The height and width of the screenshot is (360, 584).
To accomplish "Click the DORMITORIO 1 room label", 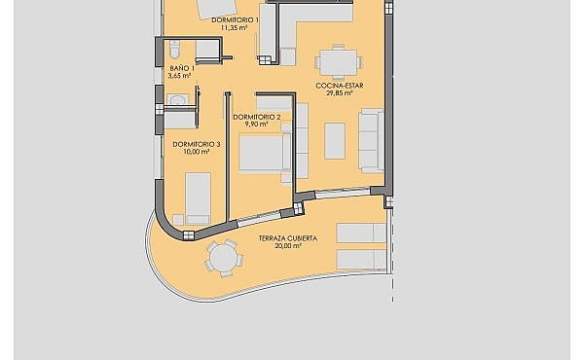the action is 235,20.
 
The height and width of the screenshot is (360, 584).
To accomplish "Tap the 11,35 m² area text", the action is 235,27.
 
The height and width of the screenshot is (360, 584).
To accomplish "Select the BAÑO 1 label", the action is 182,68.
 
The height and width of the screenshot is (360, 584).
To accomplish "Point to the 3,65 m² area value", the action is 179,76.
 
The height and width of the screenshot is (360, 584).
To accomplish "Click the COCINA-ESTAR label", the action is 340,86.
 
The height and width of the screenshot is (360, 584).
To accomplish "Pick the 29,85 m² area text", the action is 340,93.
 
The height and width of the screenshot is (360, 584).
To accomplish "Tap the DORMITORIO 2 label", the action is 257,118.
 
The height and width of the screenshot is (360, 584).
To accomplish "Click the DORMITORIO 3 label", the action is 197,144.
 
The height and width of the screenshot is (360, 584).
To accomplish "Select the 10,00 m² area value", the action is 197,152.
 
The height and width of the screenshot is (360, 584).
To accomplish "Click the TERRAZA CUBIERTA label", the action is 288,238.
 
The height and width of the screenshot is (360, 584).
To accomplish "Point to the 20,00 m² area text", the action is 288,246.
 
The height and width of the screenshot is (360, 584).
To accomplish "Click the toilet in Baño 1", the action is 174,50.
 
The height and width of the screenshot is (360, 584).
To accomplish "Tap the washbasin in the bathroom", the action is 178,100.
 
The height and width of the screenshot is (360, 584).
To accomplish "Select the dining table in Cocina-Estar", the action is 338,62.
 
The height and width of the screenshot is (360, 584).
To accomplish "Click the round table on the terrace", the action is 224,259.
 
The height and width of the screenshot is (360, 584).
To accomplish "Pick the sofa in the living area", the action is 371,141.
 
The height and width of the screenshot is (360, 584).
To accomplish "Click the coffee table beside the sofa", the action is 335,141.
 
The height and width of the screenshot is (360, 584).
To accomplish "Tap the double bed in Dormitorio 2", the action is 265,153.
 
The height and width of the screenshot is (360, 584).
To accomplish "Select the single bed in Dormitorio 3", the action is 198,198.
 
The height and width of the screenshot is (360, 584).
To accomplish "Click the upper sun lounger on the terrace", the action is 361,234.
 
